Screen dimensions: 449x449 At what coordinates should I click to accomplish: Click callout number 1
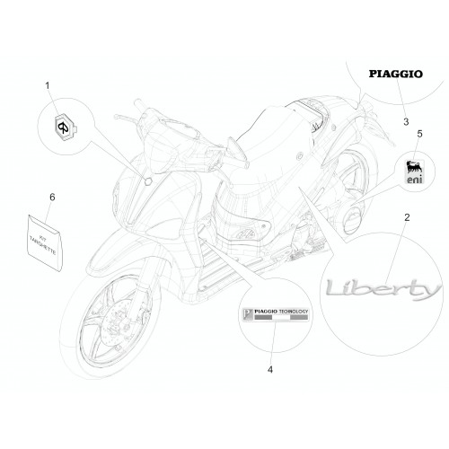[x=48, y=86]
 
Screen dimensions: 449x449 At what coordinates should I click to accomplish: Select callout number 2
[x=407, y=217]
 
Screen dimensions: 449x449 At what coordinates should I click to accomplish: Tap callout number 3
[x=406, y=122]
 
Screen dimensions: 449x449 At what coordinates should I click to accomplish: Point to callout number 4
[x=270, y=370]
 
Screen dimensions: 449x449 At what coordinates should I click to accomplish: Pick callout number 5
[x=419, y=134]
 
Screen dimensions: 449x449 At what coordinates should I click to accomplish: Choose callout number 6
[x=52, y=198]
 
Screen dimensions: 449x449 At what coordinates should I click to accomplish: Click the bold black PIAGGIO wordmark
[x=396, y=74]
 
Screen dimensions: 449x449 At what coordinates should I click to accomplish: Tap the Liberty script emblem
[x=383, y=289]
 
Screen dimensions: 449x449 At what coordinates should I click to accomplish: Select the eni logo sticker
[x=415, y=172]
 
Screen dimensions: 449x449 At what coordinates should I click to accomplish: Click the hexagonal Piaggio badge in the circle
[x=65, y=128]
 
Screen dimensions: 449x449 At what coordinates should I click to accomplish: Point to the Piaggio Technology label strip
[x=275, y=315]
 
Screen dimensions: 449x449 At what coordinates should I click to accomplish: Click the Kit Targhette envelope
[x=46, y=242]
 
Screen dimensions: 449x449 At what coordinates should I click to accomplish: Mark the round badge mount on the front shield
[x=148, y=181]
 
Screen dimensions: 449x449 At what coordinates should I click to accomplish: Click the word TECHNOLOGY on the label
[x=294, y=312]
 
